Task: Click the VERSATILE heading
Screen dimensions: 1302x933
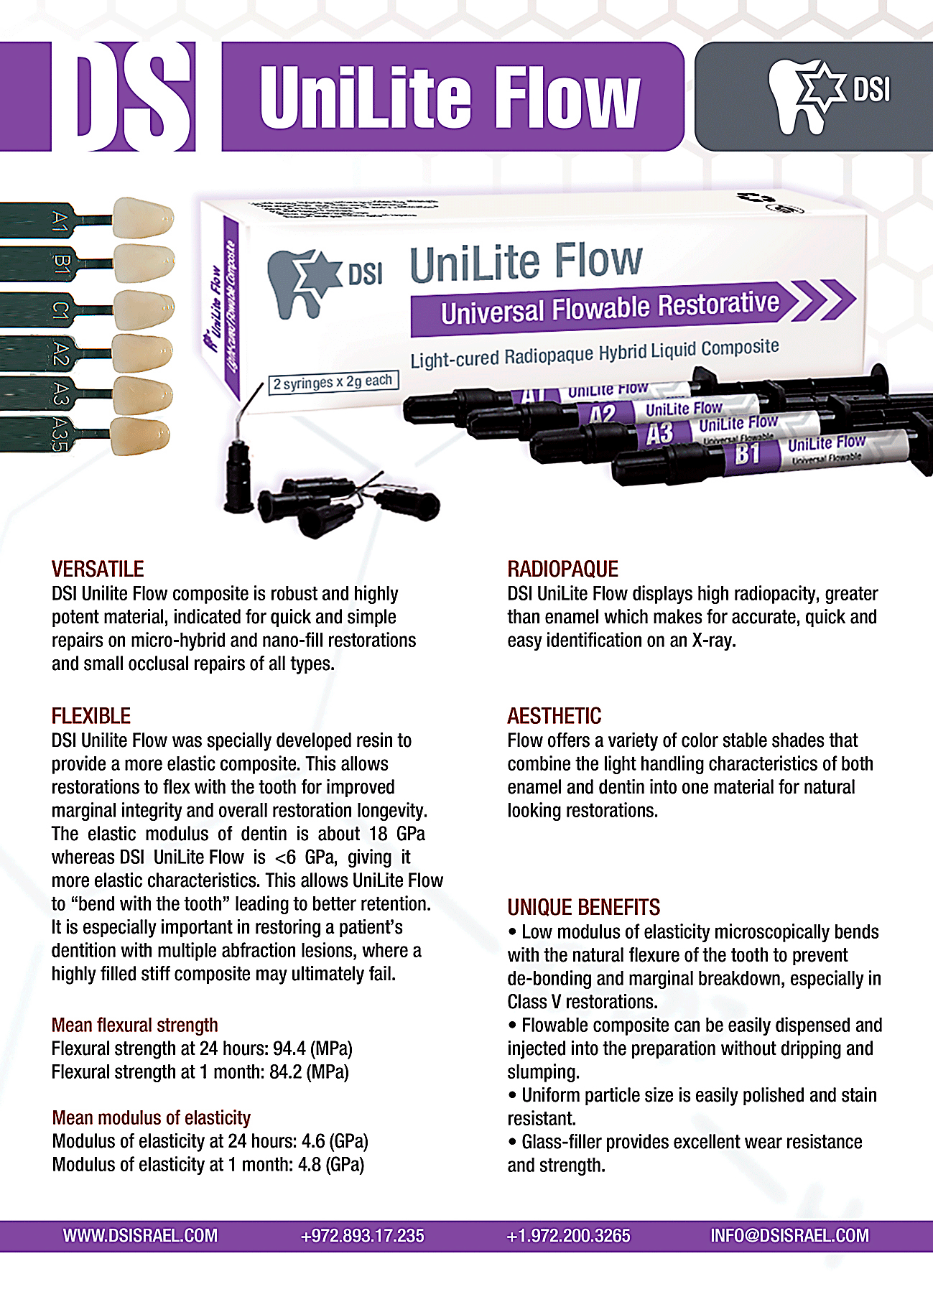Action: tap(98, 569)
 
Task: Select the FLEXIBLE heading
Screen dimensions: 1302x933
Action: tap(91, 716)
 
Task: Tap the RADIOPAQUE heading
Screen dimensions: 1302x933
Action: tap(562, 569)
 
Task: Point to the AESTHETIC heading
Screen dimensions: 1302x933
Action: tap(554, 716)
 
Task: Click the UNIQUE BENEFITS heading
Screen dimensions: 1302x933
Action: tap(583, 908)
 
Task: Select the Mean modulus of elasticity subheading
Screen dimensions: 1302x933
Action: tap(152, 1118)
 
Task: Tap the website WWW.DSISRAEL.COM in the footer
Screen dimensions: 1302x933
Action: tap(140, 1236)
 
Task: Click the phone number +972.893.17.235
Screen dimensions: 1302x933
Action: tap(363, 1236)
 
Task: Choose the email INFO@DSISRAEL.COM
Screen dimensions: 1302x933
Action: tap(789, 1236)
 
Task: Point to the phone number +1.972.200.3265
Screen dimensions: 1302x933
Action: tap(568, 1236)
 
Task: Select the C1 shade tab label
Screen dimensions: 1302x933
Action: tap(60, 310)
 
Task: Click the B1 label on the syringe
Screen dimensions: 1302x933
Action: tap(748, 455)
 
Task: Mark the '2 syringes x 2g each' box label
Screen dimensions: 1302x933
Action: tap(333, 382)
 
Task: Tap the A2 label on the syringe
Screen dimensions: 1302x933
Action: tap(603, 414)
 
